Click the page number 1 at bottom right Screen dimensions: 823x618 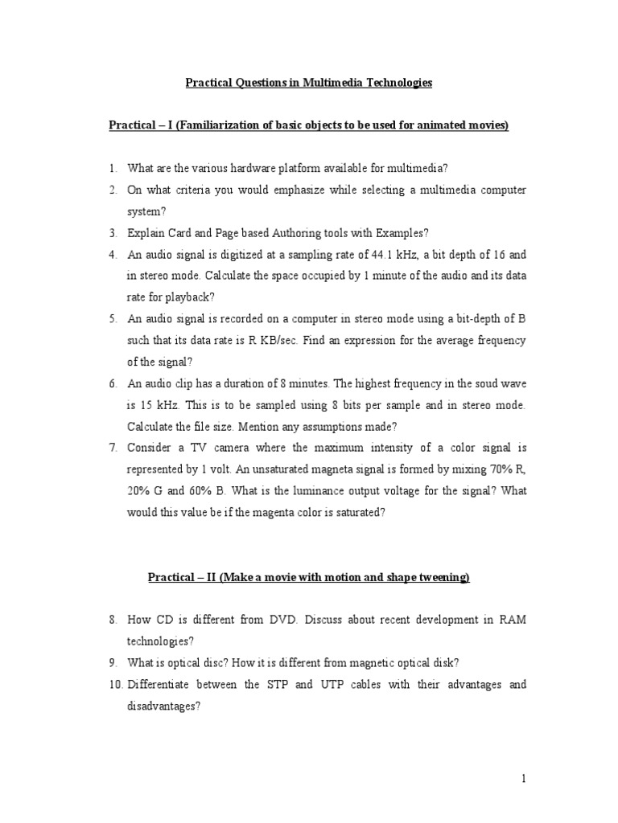coord(523,778)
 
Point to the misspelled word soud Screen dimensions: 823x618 coord(463,384)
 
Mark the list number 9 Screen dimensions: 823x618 coord(113,663)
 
